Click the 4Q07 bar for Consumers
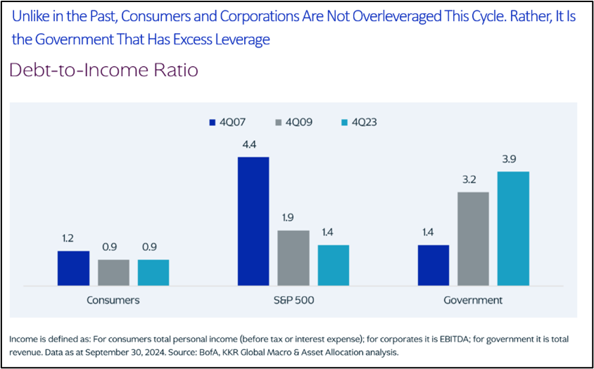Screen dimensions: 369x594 (x=73, y=268)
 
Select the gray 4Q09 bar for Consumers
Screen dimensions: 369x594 (x=113, y=273)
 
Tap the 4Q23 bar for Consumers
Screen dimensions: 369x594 (x=153, y=273)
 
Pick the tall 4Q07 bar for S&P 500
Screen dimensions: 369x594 (x=253, y=221)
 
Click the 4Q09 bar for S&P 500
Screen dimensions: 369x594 (x=293, y=258)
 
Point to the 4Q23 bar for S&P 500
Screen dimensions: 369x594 (x=333, y=265)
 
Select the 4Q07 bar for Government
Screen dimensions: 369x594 (x=434, y=265)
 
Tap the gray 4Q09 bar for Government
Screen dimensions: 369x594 (x=473, y=239)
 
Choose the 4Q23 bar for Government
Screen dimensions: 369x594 (x=513, y=229)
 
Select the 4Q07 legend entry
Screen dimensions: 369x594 (x=227, y=122)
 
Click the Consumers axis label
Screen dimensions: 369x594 (x=113, y=300)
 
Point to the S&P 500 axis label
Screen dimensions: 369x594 (x=293, y=300)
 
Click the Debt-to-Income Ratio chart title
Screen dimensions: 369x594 (x=103, y=71)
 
